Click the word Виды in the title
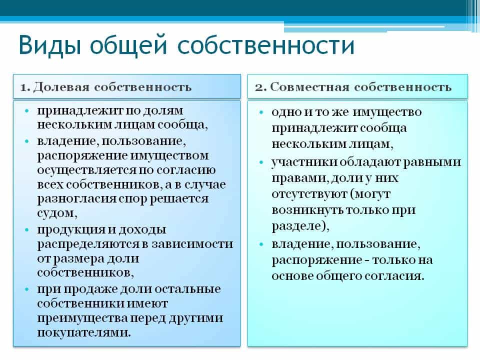coord(50,45)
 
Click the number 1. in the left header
coord(25,87)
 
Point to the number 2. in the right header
coord(261,87)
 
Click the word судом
coord(57,213)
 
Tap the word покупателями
coord(84,332)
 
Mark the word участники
coord(304,162)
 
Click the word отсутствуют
coord(309,194)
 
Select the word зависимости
coord(192,244)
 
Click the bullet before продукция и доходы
coord(27,229)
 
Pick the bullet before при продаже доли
coord(27,288)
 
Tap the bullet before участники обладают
coord(261,162)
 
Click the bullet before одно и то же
coord(261,112)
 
